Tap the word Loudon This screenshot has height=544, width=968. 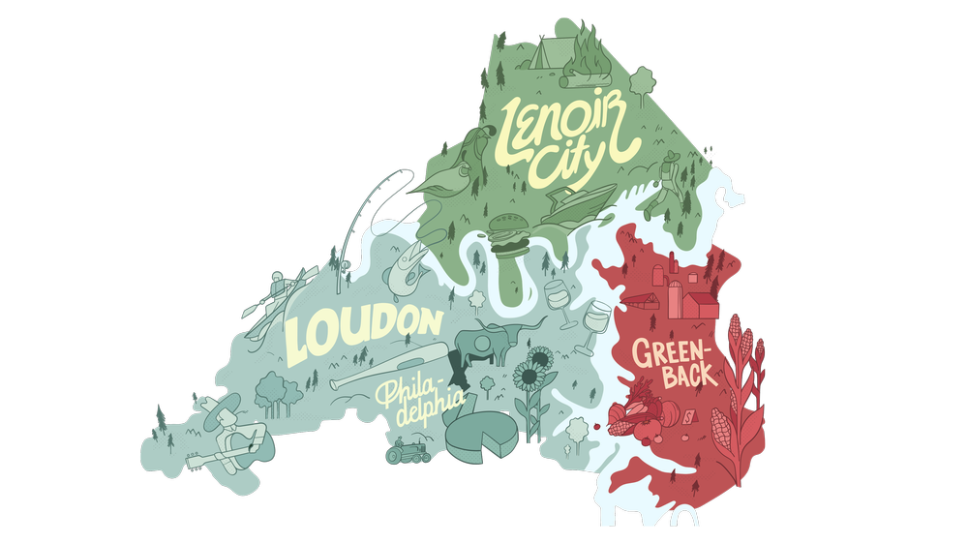[363, 329]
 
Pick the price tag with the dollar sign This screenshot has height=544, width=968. [687, 417]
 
